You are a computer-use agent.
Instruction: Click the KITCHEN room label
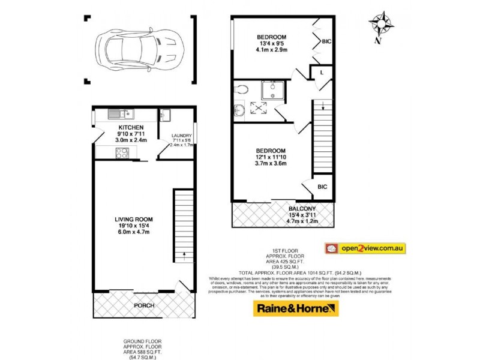pyautogui.click(x=130, y=128)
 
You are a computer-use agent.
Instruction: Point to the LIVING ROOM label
pyautogui.click(x=132, y=219)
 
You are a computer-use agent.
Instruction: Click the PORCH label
pyautogui.click(x=144, y=305)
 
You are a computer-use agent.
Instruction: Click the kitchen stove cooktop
pyautogui.click(x=121, y=153)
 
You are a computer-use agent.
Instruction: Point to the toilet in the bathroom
pyautogui.click(x=242, y=89)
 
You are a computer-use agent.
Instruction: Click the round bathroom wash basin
pyautogui.click(x=239, y=109)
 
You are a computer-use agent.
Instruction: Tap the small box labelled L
pyautogui.click(x=322, y=73)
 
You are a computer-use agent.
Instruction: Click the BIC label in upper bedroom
pyautogui.click(x=326, y=42)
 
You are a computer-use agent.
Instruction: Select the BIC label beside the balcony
pyautogui.click(x=322, y=187)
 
